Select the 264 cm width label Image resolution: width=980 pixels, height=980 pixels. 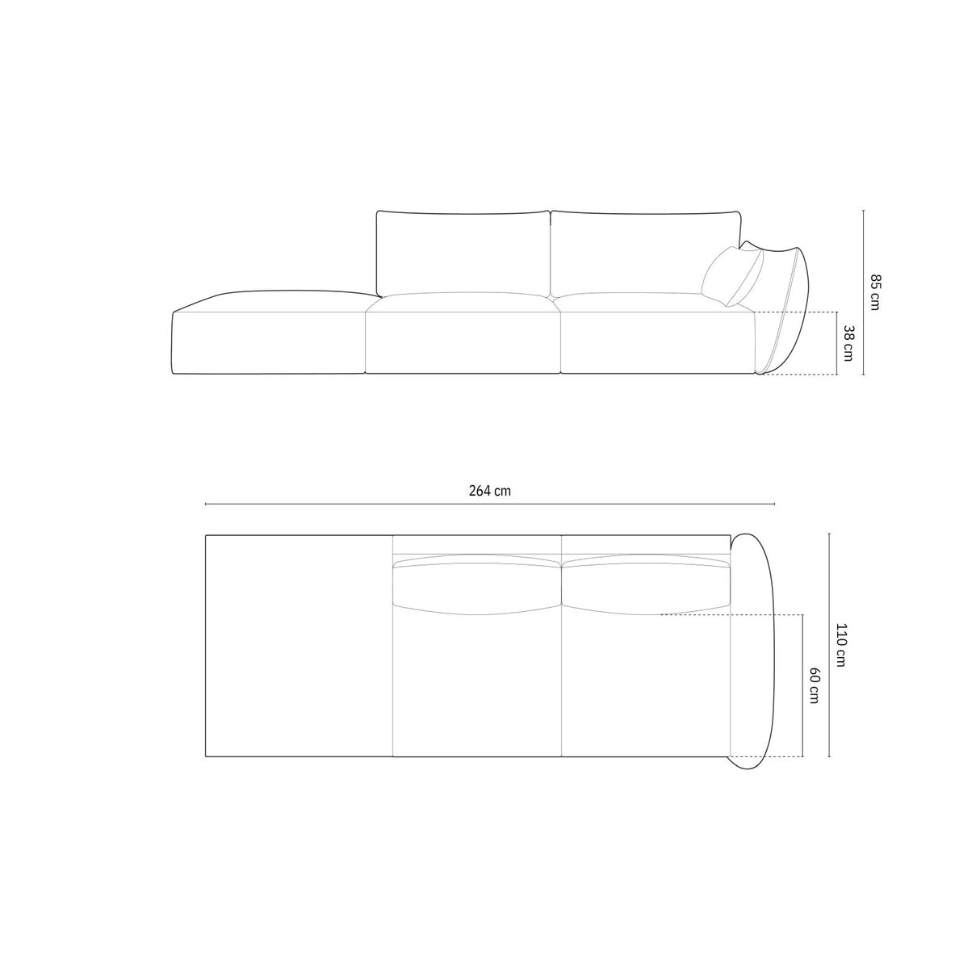pos(490,491)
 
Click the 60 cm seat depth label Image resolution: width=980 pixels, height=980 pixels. pos(814,686)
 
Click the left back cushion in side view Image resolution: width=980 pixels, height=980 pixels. pos(463,252)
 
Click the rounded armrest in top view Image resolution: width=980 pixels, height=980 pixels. pos(752,646)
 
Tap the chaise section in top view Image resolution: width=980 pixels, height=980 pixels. pos(299,646)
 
